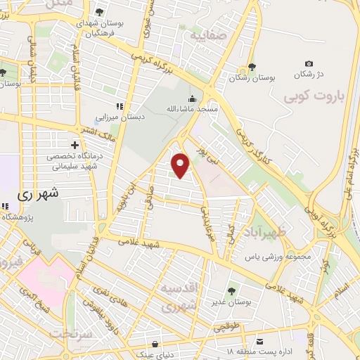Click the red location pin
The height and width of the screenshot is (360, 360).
(x=181, y=165)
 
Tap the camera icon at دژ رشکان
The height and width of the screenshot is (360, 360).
(x=309, y=64)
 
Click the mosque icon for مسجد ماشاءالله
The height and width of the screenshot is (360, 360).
(x=192, y=99)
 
